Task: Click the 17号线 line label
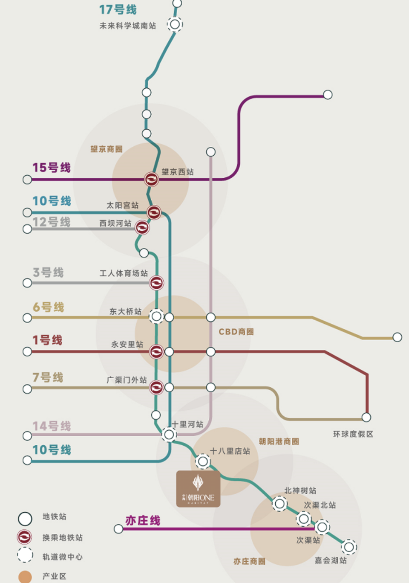[x=118, y=9]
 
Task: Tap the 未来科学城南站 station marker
[x=175, y=24]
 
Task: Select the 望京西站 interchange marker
[x=151, y=179]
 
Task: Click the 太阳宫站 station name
[x=122, y=205]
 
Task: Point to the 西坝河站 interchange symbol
[x=142, y=227]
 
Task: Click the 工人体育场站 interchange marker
[x=156, y=283]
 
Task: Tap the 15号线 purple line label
[x=52, y=168]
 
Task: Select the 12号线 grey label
[x=52, y=222]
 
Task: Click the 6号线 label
[x=49, y=307]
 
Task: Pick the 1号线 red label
[x=48, y=340]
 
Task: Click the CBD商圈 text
[x=236, y=332]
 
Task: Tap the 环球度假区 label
[x=353, y=434]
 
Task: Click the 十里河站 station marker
[x=169, y=435]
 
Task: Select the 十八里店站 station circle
[x=203, y=461]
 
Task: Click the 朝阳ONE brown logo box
[x=198, y=489]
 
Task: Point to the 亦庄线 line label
[x=143, y=520]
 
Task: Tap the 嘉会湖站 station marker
[x=349, y=547]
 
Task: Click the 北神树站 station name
[x=300, y=490]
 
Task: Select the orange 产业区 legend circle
[x=25, y=577]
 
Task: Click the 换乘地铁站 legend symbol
[x=25, y=537]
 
